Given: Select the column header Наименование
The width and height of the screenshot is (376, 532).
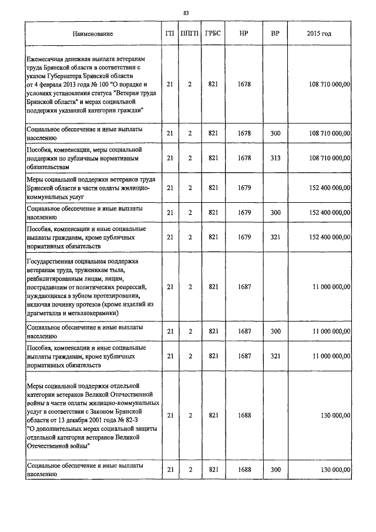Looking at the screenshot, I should (x=93, y=34).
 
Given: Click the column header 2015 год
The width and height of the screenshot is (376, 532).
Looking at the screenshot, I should (x=319, y=34).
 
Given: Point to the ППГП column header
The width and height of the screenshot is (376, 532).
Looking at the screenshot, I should (x=190, y=34).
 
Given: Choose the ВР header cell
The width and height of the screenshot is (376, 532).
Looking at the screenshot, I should (x=275, y=34).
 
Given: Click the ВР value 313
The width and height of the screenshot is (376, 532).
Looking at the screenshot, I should (x=275, y=158).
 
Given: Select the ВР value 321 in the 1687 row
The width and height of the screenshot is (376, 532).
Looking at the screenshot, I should (x=275, y=356).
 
